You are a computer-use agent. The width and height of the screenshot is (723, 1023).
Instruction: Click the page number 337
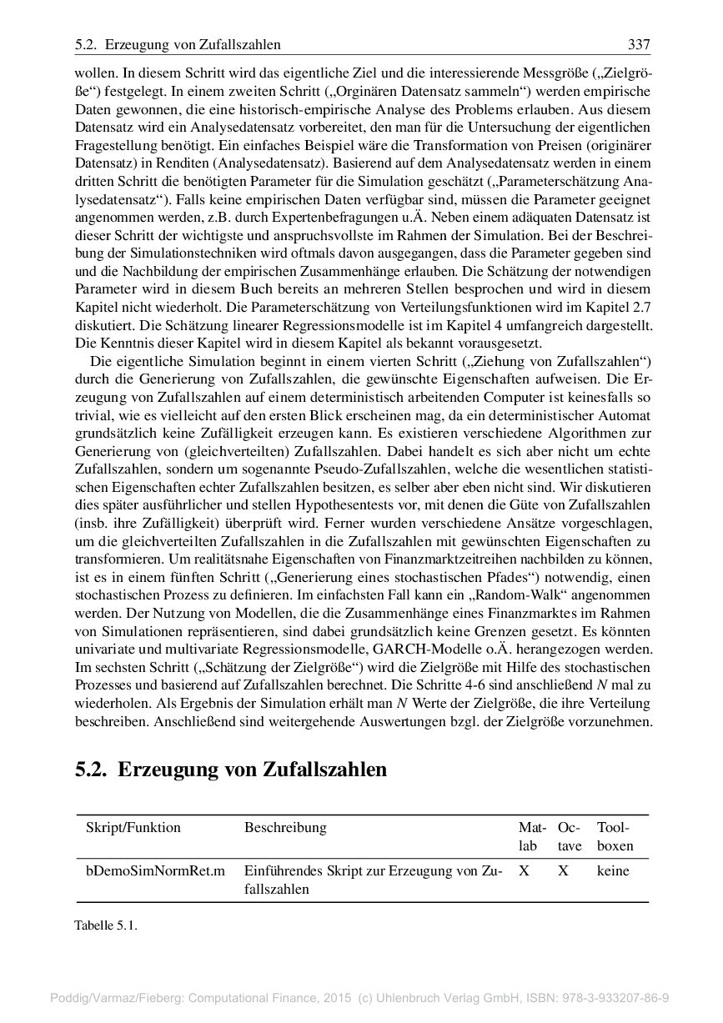coord(638,44)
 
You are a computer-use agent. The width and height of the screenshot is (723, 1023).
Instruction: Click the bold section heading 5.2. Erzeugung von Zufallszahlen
coord(231,769)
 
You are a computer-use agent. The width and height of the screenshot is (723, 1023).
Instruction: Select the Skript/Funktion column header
coord(133,828)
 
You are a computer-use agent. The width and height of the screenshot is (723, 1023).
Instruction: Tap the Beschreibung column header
coord(285,828)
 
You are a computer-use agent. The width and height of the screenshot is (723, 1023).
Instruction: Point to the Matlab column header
coord(531,836)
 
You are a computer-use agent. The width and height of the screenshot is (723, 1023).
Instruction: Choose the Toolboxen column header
coord(615,836)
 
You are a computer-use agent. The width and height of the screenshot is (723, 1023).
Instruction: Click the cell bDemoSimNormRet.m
coord(155,871)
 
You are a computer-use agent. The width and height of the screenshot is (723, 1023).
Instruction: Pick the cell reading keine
coord(613,871)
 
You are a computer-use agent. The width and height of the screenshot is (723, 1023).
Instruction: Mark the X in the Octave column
coord(563,871)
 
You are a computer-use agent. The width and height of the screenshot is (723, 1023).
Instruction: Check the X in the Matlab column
coord(524,871)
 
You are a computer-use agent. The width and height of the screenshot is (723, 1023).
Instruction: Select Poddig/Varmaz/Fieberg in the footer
coord(118,997)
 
